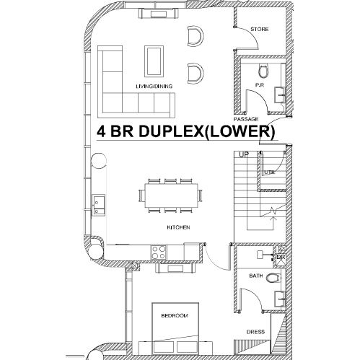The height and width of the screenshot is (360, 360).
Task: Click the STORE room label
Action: click(x=260, y=30)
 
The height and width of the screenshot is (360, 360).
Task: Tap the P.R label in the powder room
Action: click(x=260, y=85)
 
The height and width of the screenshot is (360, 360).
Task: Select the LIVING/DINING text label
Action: click(x=154, y=87)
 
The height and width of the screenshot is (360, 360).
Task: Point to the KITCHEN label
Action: click(x=178, y=227)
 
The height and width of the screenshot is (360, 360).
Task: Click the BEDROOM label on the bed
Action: click(x=175, y=315)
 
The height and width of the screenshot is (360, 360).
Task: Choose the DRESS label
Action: click(x=255, y=332)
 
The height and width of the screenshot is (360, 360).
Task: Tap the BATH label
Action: click(x=256, y=276)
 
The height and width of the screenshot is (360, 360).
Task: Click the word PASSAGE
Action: click(x=246, y=119)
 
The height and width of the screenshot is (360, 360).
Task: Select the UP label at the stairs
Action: click(x=244, y=154)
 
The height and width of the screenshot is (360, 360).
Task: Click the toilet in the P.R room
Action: click(x=263, y=71)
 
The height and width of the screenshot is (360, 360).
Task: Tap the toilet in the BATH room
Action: click(x=273, y=278)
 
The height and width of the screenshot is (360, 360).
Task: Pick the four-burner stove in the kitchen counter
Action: click(x=159, y=253)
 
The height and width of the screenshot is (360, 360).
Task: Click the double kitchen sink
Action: click(x=99, y=205)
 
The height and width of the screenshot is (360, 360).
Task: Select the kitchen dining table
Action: click(x=172, y=196)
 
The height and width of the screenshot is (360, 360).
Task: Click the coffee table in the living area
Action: click(x=154, y=61)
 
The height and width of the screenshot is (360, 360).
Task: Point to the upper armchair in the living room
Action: click(x=196, y=36)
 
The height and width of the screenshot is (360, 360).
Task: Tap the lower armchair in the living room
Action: click(x=196, y=74)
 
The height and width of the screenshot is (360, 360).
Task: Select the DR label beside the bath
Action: click(x=281, y=257)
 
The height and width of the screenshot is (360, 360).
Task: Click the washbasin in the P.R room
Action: click(x=280, y=95)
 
